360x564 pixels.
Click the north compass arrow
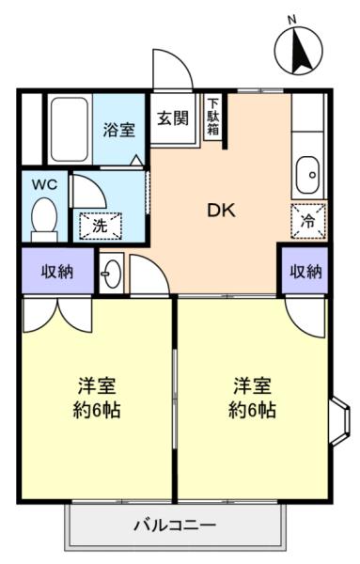click(x=301, y=51)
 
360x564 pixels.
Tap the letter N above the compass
click(x=292, y=21)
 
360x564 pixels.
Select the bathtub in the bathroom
click(x=70, y=129)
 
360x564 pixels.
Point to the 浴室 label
click(x=119, y=130)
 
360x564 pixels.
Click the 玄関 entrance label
click(x=173, y=117)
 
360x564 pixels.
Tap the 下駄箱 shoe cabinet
click(x=213, y=117)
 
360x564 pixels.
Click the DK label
click(x=222, y=211)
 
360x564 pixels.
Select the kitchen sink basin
click(x=307, y=175)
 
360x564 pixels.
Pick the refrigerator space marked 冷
click(x=308, y=221)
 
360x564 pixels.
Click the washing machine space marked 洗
click(x=101, y=226)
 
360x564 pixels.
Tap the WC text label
click(x=44, y=185)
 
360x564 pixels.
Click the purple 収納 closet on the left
click(x=57, y=272)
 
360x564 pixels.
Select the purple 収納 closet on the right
click(x=305, y=272)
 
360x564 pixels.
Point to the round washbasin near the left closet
click(x=112, y=274)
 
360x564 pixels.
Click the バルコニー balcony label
click(x=175, y=525)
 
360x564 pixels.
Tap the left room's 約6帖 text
click(x=97, y=409)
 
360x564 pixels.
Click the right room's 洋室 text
click(x=252, y=385)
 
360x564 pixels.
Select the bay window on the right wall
click(x=339, y=421)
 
